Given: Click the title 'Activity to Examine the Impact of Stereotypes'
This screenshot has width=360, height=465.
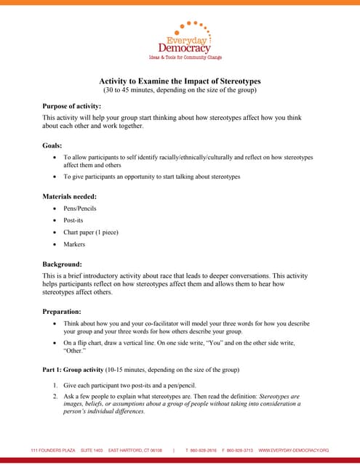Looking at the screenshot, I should coord(180,81).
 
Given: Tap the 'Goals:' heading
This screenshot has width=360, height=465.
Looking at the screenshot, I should coord(52,145).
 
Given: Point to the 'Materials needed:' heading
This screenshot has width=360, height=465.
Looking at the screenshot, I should coord(70,196).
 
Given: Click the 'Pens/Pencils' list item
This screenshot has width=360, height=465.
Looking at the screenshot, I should coord(80,209).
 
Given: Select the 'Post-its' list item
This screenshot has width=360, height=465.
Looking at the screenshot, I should coord(75,220).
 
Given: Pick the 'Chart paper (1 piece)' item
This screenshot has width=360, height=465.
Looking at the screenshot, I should coord(90,232).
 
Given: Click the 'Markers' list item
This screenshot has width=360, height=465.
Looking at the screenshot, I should coord(74,244).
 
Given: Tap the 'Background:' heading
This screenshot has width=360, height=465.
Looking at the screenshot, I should coord(62,264).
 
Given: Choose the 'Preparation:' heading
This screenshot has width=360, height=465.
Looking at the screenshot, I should coord(63,311).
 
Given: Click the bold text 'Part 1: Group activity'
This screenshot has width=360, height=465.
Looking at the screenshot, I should coord(73,370).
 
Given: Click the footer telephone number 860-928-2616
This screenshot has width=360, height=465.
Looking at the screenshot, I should coord(206,450).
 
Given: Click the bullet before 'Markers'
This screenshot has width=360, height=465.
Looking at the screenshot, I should coord(55,244).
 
